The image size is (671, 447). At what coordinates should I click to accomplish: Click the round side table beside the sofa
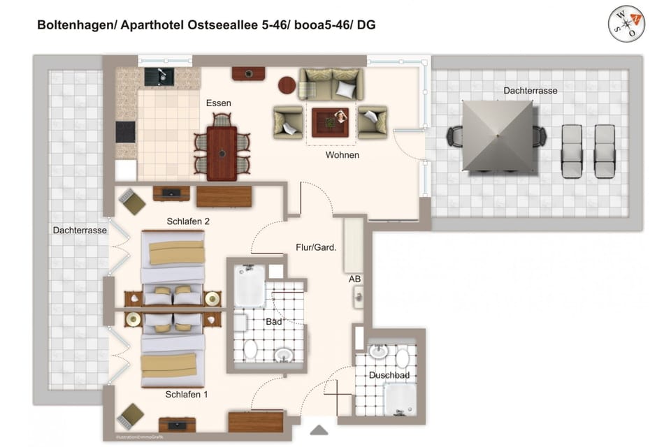pyautogui.click(x=287, y=85)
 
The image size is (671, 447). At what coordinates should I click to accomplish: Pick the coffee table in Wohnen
pyautogui.click(x=330, y=119)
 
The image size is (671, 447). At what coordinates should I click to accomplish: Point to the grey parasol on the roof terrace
pyautogui.click(x=498, y=135)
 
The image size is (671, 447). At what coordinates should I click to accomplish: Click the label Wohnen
pyautogui.click(x=342, y=155)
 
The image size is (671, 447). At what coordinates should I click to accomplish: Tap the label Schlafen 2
pyautogui.click(x=189, y=221)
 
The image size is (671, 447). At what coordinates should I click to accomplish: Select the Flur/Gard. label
pyautogui.click(x=316, y=247)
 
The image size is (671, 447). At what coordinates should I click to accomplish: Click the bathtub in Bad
pyautogui.click(x=249, y=286)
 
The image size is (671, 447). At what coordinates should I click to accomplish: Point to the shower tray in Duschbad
pyautogui.click(x=400, y=399)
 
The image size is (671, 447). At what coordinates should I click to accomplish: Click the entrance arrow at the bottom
pyautogui.click(x=319, y=430)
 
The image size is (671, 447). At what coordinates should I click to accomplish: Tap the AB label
pyautogui.click(x=355, y=279)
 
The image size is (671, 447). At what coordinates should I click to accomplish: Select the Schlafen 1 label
pyautogui.click(x=187, y=395)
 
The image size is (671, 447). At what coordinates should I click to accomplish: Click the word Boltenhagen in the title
pyautogui.click(x=75, y=25)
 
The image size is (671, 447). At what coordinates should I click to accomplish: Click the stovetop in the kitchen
pyautogui.click(x=126, y=132)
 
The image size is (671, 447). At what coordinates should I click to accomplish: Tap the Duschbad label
pyautogui.click(x=389, y=375)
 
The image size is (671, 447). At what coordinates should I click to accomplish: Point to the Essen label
pyautogui.click(x=218, y=103)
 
